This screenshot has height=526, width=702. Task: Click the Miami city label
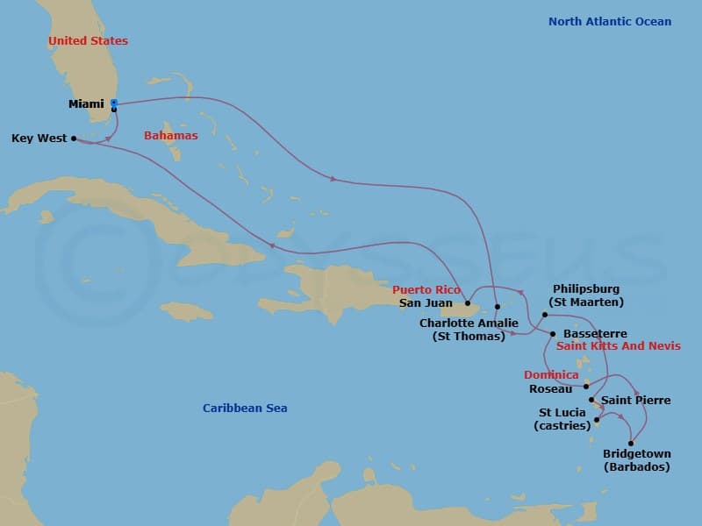86,104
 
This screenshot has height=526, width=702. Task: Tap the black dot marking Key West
74,138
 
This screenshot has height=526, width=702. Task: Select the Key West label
39,139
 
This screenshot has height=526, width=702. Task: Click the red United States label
88,41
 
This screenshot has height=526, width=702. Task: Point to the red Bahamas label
170,136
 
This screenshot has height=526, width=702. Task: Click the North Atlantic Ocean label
610,22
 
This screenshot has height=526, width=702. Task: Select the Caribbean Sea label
245,409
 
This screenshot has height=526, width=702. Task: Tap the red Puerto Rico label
426,290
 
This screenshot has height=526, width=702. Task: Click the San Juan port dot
467,304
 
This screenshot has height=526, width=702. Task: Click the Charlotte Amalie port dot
497,307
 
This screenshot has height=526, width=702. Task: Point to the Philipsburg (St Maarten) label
586,295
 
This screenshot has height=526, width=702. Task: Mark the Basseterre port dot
553,334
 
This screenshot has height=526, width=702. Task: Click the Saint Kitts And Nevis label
619,346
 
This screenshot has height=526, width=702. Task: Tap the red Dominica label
551,375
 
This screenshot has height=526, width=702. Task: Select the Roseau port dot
586,386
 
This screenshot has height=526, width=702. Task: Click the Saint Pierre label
635,401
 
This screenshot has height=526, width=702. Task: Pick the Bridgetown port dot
631,443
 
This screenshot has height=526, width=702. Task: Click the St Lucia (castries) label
562,419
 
